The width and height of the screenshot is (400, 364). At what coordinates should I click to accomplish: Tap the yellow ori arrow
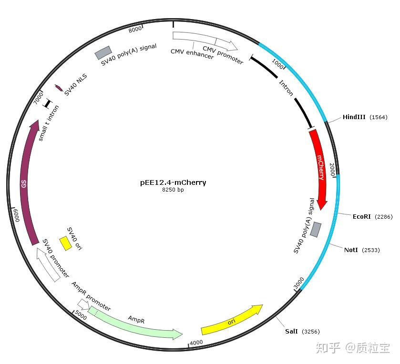(232, 321)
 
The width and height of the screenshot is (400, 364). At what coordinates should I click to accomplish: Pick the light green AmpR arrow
(133, 324)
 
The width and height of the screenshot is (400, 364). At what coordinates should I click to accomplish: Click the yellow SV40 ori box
(65, 243)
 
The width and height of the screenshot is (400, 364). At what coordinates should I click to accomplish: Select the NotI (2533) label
(362, 250)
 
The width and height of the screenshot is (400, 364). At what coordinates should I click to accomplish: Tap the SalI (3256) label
(302, 331)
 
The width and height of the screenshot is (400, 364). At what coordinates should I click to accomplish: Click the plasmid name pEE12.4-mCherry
(173, 182)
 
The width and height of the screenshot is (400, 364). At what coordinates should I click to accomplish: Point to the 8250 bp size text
(173, 190)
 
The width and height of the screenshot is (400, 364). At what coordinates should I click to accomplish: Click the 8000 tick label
(135, 30)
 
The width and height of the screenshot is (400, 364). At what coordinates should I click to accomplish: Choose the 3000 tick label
(298, 283)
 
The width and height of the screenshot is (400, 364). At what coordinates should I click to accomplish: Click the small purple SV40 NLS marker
(59, 88)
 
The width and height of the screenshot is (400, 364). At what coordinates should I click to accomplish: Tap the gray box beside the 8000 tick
(103, 52)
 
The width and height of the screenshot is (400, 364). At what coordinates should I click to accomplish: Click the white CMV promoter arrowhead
(232, 46)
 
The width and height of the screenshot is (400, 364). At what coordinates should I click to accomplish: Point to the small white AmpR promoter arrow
(83, 303)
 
